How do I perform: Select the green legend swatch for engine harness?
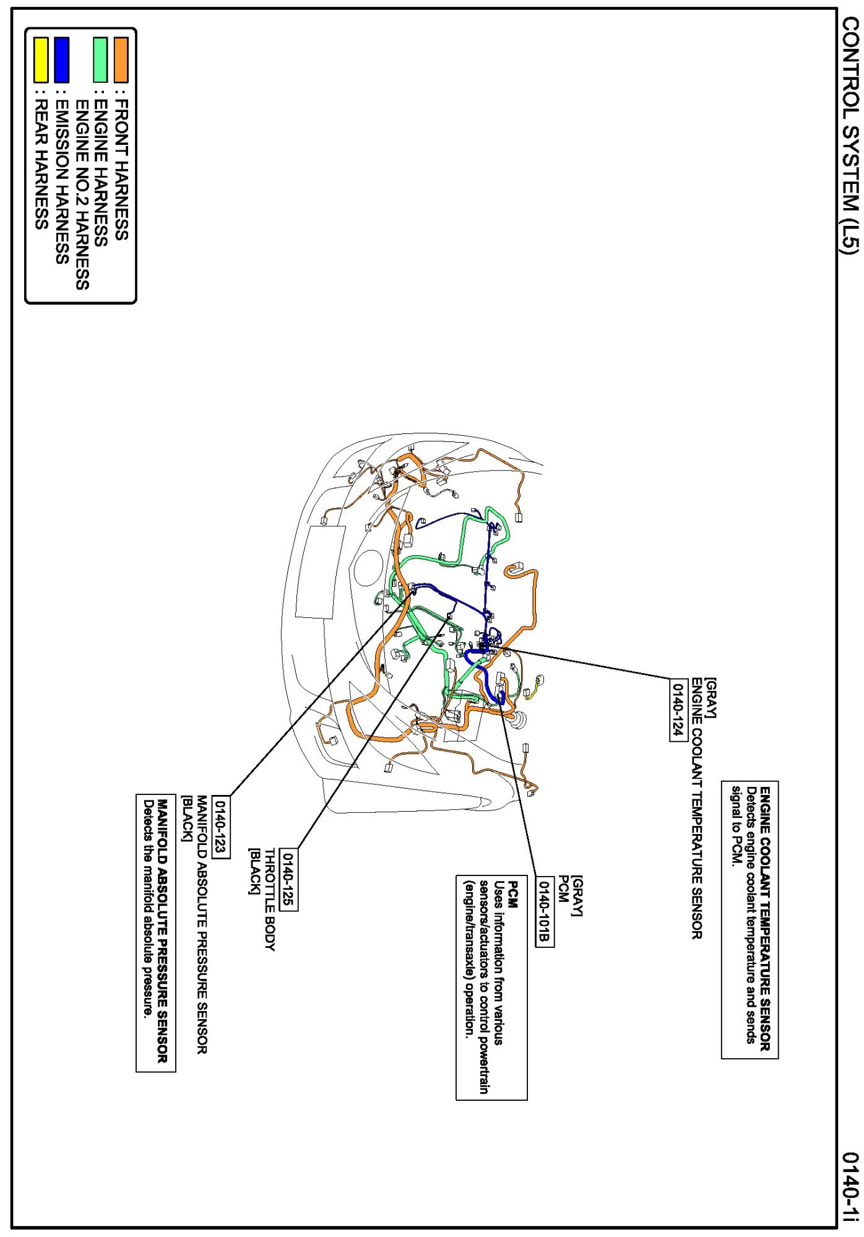tap(100, 60)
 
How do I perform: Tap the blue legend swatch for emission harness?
tap(62, 60)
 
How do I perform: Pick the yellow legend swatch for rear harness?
tap(41, 60)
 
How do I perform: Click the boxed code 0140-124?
tap(679, 710)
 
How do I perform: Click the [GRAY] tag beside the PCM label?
tap(577, 896)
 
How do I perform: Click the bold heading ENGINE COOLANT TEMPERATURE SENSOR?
tap(765, 919)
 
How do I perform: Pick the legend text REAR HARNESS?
tap(41, 166)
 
